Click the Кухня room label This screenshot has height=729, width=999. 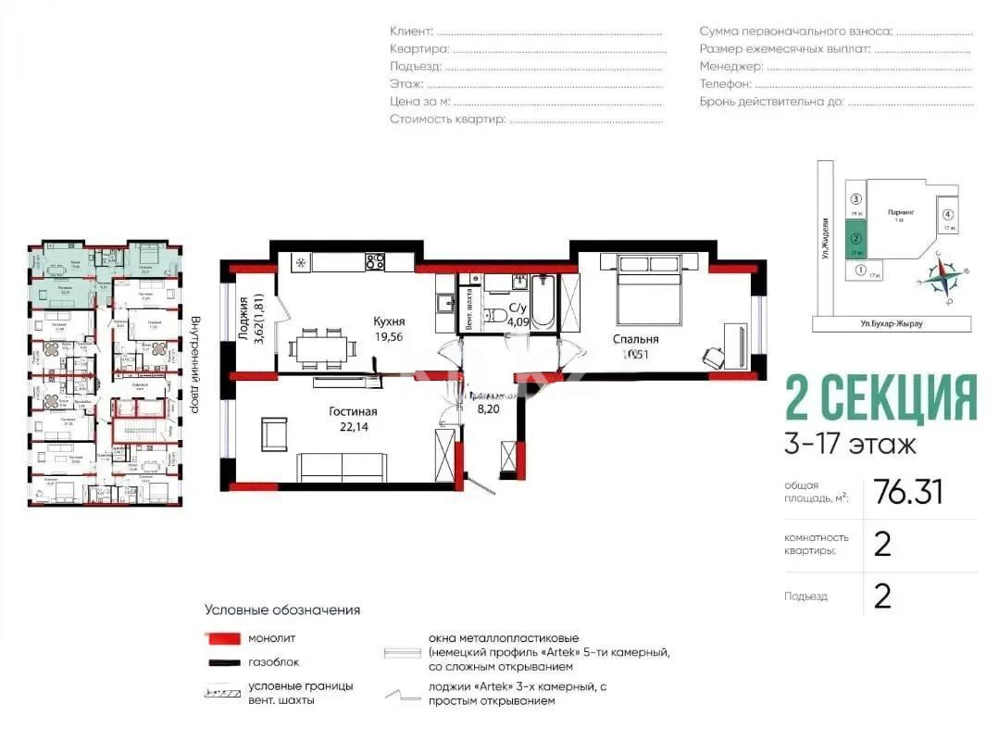click(x=389, y=321)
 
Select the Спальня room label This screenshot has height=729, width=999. click(x=635, y=339)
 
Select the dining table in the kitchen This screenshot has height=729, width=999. click(x=321, y=347)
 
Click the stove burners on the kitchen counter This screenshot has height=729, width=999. click(x=374, y=261)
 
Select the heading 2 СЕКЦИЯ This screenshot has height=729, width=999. click(x=880, y=399)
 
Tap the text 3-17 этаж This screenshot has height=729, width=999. click(x=850, y=445)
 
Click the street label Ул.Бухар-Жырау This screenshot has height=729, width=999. click(x=891, y=323)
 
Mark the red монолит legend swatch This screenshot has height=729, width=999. click(x=223, y=638)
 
